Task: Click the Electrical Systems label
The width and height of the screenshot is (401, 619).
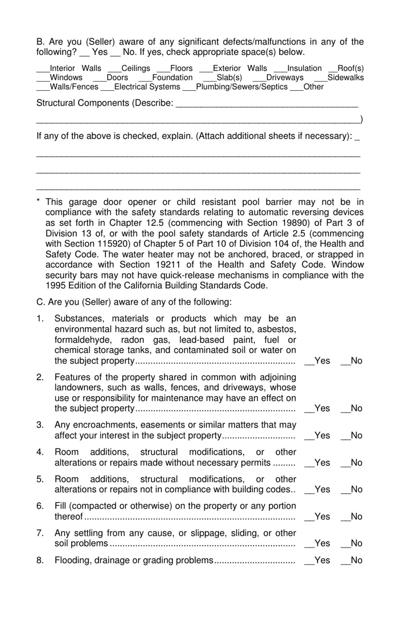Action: (x=147, y=87)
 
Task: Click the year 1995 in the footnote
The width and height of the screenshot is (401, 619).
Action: (x=56, y=285)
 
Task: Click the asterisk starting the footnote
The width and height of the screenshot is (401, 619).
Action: (x=38, y=201)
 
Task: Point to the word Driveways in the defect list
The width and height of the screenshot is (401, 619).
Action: (x=284, y=78)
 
